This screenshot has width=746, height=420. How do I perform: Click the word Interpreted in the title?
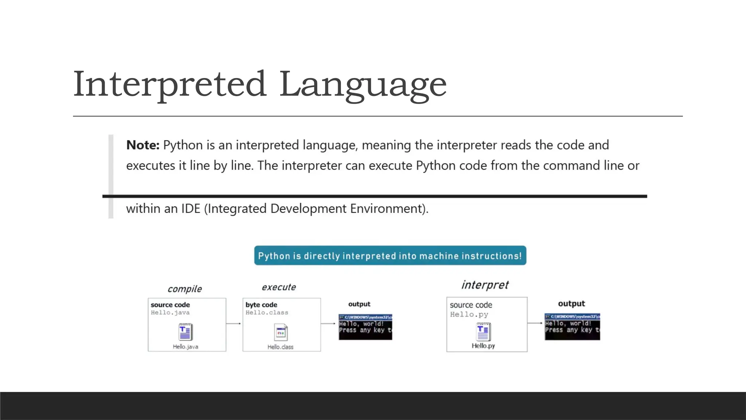170,85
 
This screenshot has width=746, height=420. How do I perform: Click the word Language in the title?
363,85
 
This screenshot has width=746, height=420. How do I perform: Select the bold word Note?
143,145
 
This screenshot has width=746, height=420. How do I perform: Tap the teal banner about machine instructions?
390,256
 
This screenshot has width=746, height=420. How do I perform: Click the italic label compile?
185,289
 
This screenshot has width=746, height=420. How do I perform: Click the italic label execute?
279,287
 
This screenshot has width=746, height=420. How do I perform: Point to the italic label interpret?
485,285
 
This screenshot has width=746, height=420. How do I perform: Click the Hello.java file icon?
185,332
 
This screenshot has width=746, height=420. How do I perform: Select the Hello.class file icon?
280,332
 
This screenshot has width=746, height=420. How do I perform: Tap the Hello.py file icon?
483,331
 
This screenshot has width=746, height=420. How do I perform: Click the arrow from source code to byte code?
234,323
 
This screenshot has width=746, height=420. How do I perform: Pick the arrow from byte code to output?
328,323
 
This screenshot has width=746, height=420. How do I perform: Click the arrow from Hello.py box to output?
535,323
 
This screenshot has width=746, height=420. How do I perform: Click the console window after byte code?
365,327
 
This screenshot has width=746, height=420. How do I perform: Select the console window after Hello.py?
572,327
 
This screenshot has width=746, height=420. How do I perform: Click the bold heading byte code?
261,305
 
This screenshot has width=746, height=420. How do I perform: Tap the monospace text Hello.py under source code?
469,314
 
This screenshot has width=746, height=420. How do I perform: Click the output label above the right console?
571,304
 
